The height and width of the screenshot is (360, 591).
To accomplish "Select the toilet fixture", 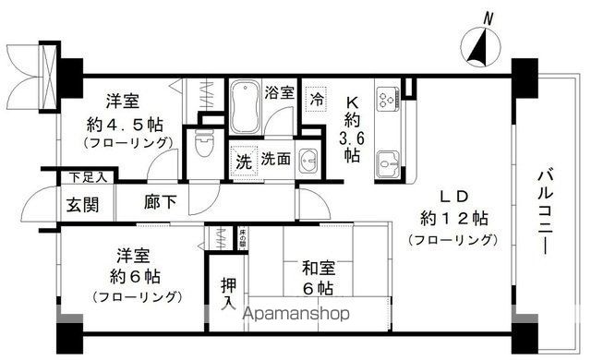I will [x=205, y=148].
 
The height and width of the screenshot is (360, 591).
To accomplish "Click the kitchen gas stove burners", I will [x=385, y=95].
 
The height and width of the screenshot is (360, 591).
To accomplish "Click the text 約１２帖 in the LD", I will [x=452, y=219].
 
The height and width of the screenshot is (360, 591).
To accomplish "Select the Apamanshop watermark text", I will [x=295, y=313].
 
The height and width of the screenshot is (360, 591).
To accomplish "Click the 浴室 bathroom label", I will [x=279, y=92].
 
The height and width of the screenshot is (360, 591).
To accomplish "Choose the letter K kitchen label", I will [x=351, y=102].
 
